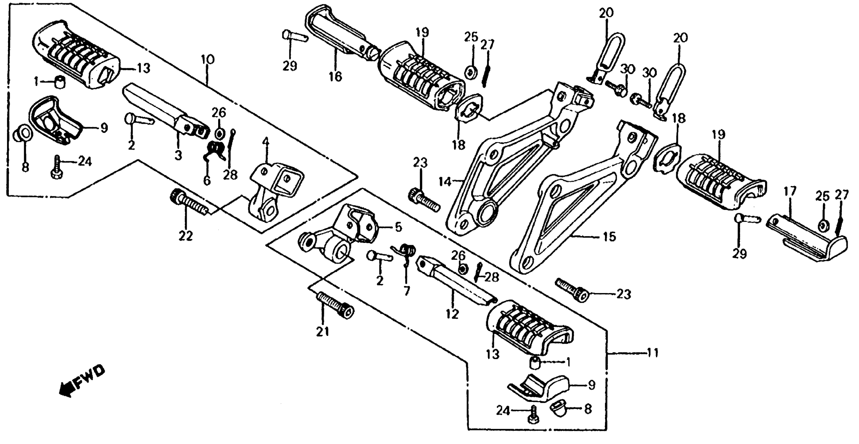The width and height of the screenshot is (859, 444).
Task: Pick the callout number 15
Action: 609,237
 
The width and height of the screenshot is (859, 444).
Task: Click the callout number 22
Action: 186,236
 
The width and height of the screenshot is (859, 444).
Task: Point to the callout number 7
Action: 406,291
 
